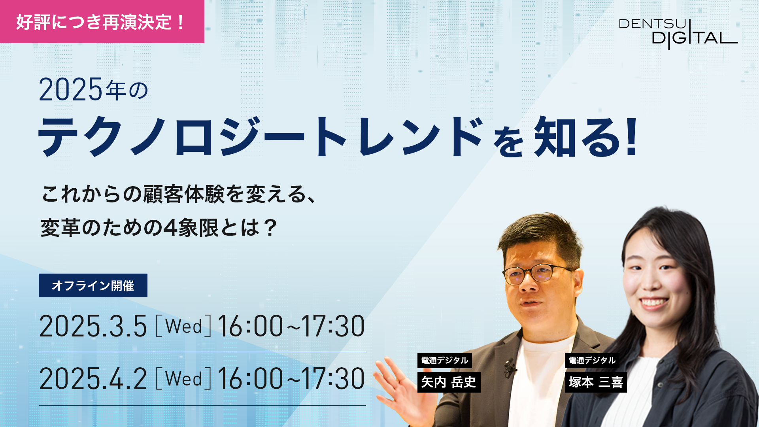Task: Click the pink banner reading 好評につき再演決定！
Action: coord(102,21)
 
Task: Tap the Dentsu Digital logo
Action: coord(678,34)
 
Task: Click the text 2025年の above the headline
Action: coord(93,89)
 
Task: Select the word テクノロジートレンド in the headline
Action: coord(261,137)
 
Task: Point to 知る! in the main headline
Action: coord(585,137)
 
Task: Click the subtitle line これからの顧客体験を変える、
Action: coord(179,194)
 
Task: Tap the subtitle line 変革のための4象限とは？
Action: coord(159,228)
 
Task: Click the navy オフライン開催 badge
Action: coord(93,285)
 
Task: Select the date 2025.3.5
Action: coord(93,326)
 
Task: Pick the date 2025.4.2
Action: coord(93,379)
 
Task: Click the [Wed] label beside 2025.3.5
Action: coord(183,326)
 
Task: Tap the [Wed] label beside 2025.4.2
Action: coord(183,379)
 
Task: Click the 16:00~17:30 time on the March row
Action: coord(291,326)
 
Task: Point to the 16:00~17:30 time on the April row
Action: coord(291,379)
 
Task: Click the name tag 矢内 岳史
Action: coord(449,382)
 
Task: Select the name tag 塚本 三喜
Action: coord(596,382)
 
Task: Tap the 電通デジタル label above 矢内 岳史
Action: coord(445,361)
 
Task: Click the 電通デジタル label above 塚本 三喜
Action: coord(592,361)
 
